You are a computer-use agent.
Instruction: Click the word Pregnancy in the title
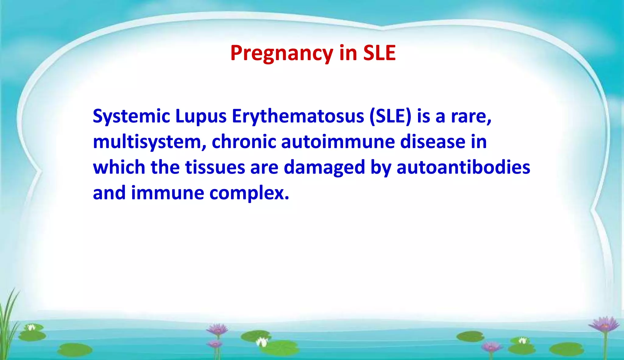tap(282, 54)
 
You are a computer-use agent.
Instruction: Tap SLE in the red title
tap(379, 53)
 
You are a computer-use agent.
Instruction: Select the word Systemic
tap(131, 117)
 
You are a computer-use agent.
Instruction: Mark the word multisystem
tap(150, 142)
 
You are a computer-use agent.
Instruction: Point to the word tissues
tap(215, 168)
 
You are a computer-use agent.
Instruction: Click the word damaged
tap(324, 168)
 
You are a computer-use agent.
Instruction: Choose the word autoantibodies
tap(463, 168)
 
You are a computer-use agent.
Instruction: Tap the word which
tap(119, 168)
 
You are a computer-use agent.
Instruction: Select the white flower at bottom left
tap(31, 328)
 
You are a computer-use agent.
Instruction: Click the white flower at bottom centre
tap(261, 342)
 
